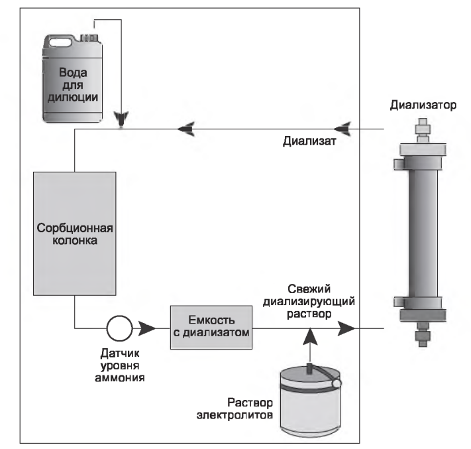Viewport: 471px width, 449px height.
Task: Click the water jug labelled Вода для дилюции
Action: (74, 80)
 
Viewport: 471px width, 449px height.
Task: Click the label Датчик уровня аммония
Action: (120, 365)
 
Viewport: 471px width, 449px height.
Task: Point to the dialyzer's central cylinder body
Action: (421, 232)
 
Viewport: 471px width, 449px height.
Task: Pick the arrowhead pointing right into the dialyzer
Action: (345, 328)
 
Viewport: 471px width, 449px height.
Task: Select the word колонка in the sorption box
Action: (74, 241)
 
